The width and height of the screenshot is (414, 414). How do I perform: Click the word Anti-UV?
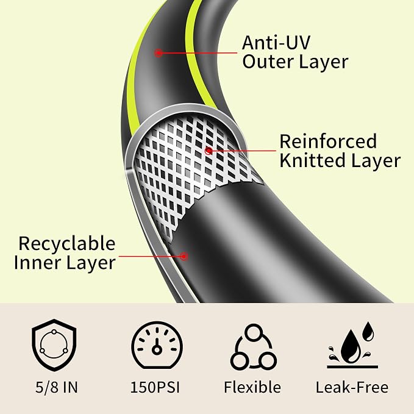point(276,43)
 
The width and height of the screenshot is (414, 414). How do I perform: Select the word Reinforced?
point(328,141)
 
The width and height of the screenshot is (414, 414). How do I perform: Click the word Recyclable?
point(67,244)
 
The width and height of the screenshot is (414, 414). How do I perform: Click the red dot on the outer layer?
point(159,53)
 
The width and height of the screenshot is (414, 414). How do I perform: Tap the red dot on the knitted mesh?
point(209,151)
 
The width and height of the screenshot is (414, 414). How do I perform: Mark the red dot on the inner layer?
point(184,256)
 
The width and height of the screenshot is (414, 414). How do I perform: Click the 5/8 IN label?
point(57,387)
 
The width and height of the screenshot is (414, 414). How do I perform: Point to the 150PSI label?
point(155,387)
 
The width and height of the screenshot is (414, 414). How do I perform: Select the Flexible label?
point(252,387)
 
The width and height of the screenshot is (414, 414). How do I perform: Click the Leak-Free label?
point(352,387)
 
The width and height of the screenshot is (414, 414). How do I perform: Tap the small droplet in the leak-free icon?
point(368,332)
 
